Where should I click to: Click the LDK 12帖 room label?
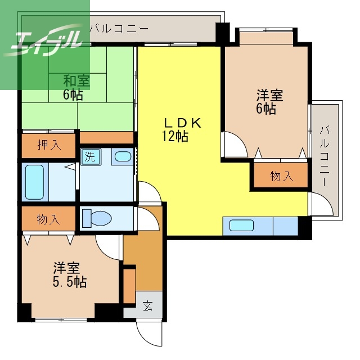point(181,129)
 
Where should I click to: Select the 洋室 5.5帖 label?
point(70,274)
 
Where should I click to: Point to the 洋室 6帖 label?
point(269,101)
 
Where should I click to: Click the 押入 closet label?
point(49,145)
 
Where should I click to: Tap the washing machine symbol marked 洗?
point(91,157)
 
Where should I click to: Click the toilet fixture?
point(97,218)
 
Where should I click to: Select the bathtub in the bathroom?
point(34,182)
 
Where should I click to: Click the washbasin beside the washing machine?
point(123,156)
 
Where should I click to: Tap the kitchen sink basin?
point(241,226)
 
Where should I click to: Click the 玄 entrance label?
point(147,305)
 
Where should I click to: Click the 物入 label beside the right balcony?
point(281,176)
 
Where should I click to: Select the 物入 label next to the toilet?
point(48,219)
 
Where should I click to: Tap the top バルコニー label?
point(119,29)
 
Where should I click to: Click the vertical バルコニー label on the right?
point(325,156)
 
